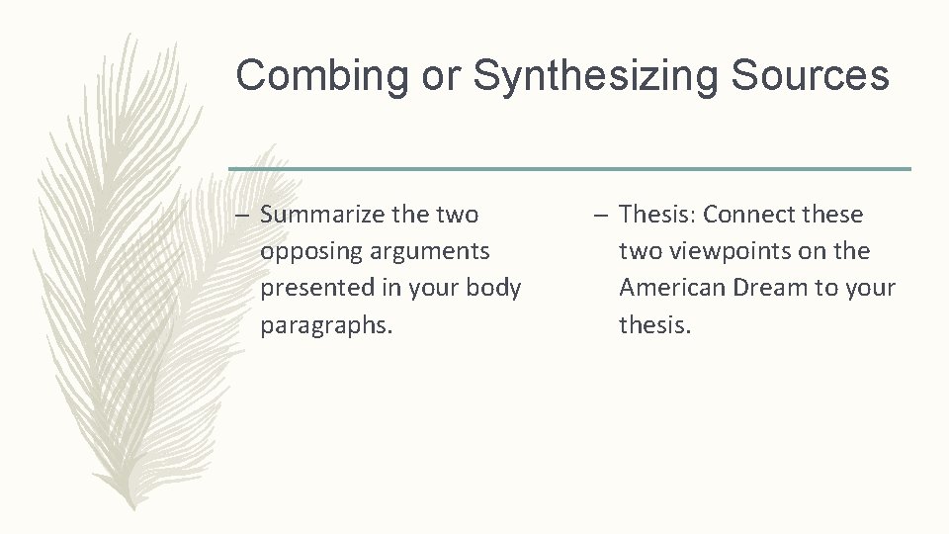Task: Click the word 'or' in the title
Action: [x=443, y=77]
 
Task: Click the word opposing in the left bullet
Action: [x=304, y=251]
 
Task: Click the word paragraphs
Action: [x=326, y=325]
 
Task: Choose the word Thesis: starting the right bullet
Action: [x=657, y=215]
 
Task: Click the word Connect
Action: [x=746, y=215]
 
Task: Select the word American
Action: [x=669, y=288]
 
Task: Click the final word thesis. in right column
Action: [x=654, y=325]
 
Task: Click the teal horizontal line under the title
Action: [x=569, y=169]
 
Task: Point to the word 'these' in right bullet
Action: [x=826, y=215]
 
